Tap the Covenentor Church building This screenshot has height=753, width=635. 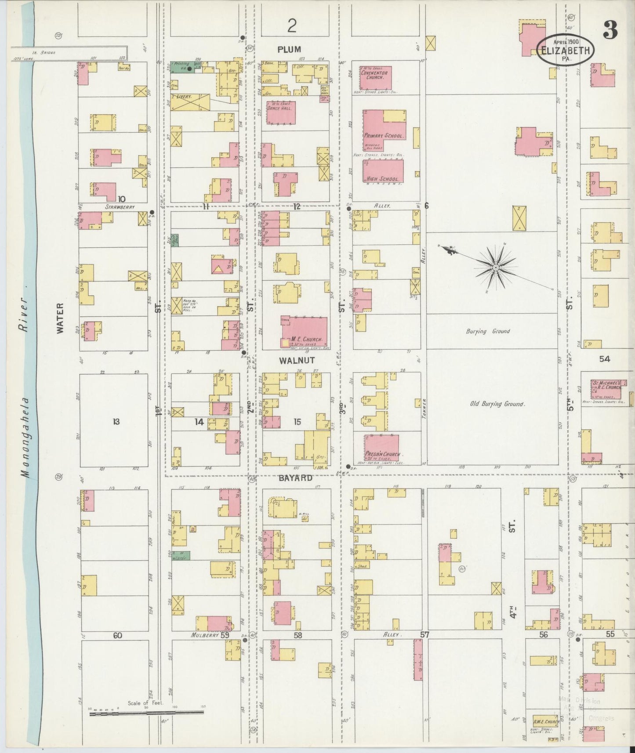click(x=375, y=77)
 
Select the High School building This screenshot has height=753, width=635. click(x=383, y=171)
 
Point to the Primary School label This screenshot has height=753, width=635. click(x=383, y=136)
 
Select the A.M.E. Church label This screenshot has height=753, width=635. click(x=546, y=722)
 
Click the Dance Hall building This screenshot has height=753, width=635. click(x=281, y=112)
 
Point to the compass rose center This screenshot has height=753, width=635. click(x=495, y=267)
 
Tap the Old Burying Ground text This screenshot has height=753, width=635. click(x=497, y=404)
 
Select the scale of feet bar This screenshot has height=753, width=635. click(x=147, y=714)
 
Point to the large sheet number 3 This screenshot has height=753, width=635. click(x=611, y=30)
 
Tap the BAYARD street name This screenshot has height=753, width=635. click(x=295, y=478)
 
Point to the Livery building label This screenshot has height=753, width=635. click(x=182, y=96)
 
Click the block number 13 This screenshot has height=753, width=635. click(x=116, y=422)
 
